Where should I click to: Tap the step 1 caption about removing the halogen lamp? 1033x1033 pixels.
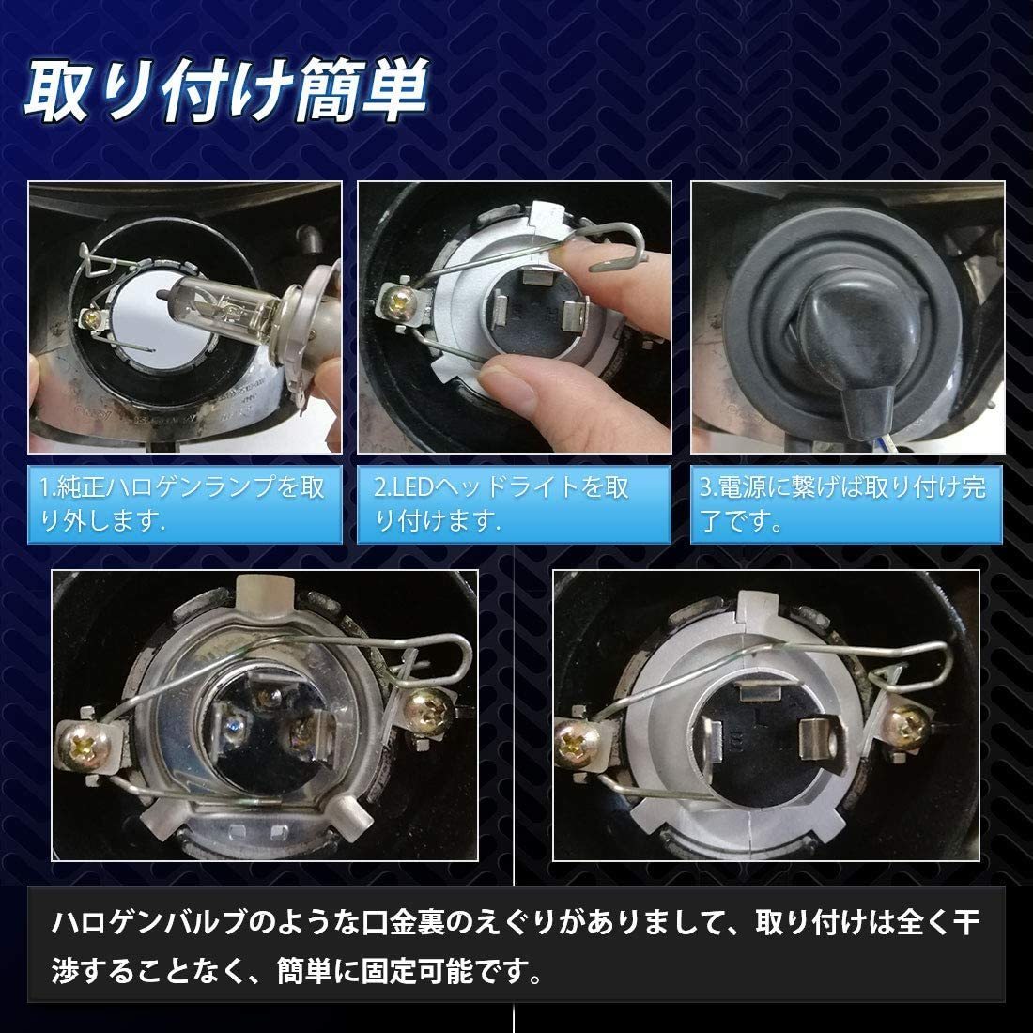click(x=184, y=503)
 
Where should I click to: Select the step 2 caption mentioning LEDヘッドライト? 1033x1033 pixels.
click(x=513, y=503)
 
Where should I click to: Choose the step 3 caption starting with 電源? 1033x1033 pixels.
click(x=846, y=503)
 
